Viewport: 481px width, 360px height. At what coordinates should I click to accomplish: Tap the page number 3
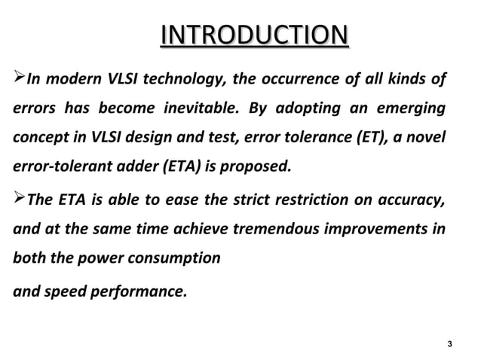coord(449,345)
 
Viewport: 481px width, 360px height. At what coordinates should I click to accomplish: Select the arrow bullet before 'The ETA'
coord(18,199)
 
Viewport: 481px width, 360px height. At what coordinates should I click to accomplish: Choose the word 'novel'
coord(429,138)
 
